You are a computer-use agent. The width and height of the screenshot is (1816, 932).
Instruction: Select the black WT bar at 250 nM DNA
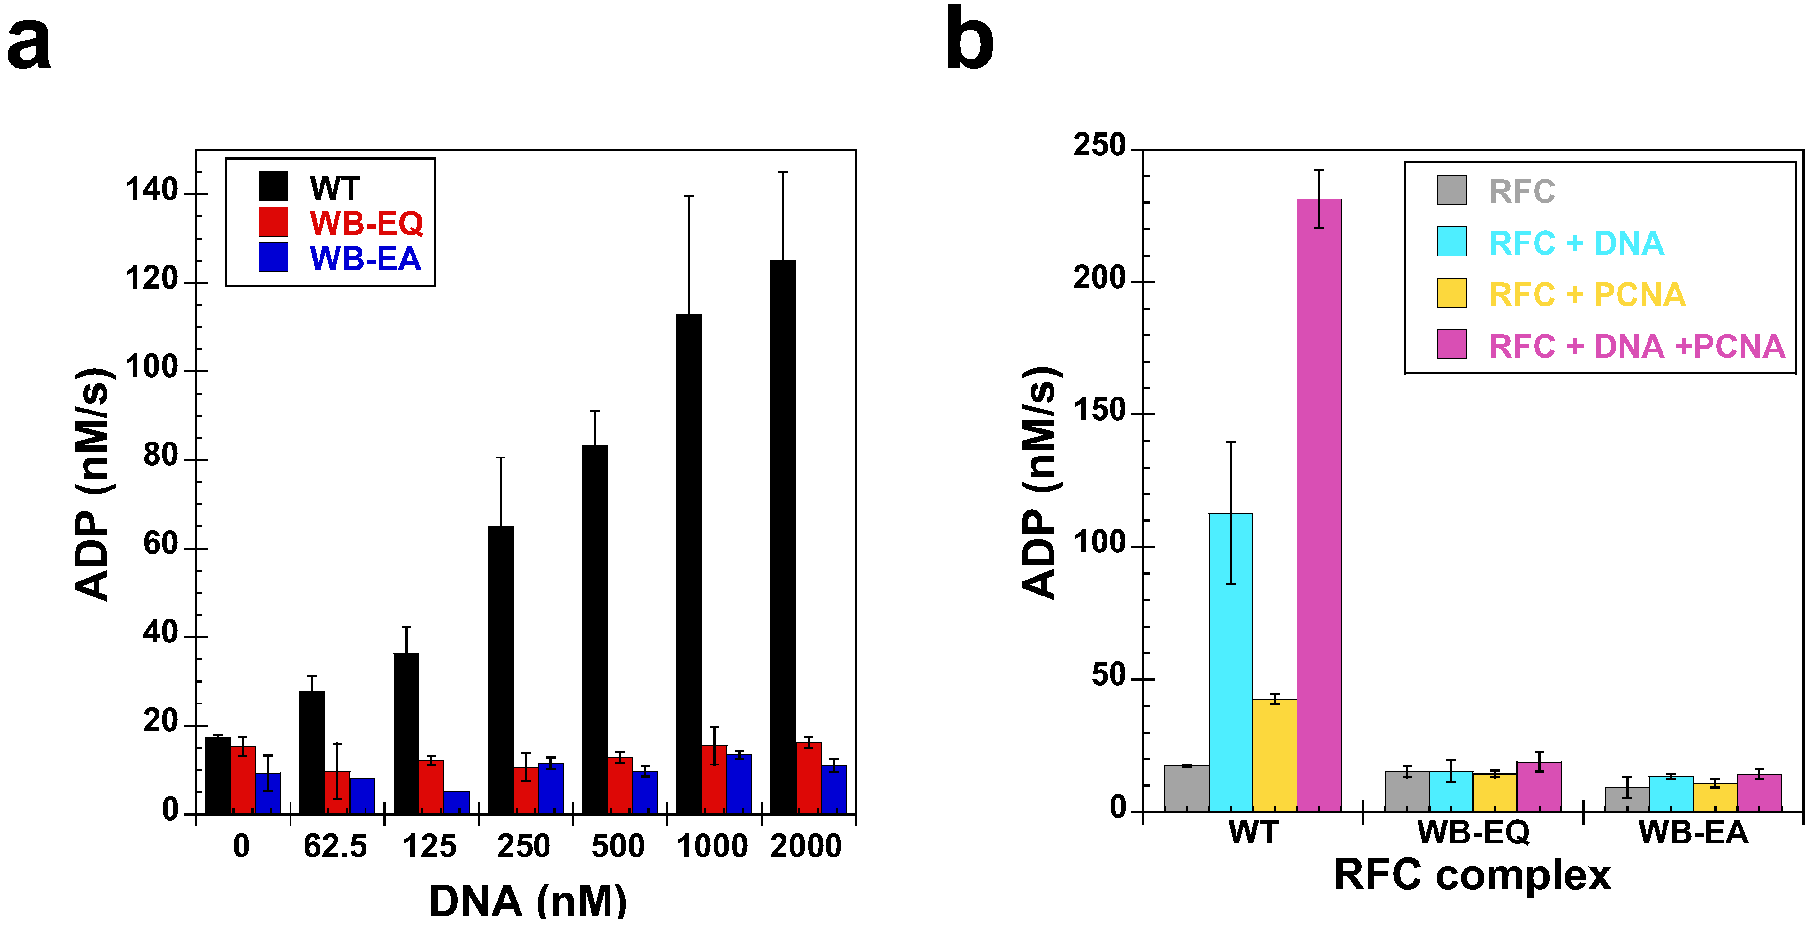point(501,670)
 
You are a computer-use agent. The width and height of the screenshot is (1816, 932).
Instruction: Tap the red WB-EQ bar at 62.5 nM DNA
point(337,793)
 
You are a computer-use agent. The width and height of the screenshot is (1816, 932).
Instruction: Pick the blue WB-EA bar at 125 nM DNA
point(456,802)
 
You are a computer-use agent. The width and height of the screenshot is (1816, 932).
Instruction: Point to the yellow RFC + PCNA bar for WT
point(1275,754)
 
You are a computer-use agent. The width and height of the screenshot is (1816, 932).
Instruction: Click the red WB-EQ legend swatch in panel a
point(273,221)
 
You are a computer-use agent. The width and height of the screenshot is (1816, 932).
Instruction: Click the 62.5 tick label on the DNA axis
point(335,846)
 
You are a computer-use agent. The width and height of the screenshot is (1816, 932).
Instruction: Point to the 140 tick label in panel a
point(151,190)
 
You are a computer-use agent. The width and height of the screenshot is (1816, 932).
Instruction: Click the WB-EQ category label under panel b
point(1473,833)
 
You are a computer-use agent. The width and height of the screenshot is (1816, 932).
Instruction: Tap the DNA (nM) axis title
point(527,901)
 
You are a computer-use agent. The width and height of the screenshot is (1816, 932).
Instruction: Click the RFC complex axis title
point(1472,875)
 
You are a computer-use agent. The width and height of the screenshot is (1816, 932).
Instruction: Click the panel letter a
point(29,44)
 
